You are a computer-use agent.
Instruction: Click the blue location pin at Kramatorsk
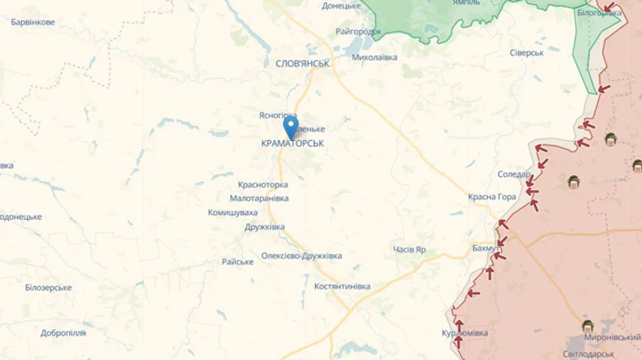point(291,127)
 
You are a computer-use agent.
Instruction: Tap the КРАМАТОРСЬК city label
point(292,144)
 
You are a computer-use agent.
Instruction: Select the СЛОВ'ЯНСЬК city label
point(303,63)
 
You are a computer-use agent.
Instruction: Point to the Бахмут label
point(486,248)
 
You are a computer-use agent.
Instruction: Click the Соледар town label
point(514,174)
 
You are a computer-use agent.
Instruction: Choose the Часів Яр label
point(409,250)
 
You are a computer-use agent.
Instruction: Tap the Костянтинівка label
point(342,287)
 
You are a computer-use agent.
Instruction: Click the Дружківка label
point(264,227)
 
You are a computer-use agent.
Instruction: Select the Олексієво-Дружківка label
point(301,256)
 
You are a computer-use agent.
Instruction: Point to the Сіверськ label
point(526,52)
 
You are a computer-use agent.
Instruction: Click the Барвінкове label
point(33,22)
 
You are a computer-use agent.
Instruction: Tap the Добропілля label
point(63,332)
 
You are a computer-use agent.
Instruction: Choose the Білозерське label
point(48,287)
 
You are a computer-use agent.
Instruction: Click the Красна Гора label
point(492,197)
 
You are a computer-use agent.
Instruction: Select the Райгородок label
point(359,32)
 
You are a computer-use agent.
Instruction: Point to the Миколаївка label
point(374,57)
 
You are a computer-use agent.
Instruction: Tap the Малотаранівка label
point(259,198)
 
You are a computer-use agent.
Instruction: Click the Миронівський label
point(612,337)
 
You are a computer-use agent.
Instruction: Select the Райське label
point(238,262)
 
